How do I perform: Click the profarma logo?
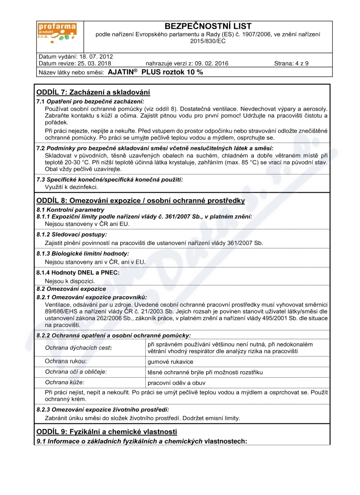[57, 33]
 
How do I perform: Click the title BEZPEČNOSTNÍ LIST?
[208, 26]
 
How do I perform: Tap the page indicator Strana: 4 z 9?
[291, 63]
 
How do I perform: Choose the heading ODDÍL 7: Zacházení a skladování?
[93, 92]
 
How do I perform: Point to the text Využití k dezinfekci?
[72, 187]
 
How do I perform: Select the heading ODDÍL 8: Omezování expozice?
[140, 200]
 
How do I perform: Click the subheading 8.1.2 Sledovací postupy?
[72, 234]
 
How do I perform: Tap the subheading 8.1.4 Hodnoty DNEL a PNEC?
[78, 272]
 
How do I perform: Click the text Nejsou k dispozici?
[70, 281]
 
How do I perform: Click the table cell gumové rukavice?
[164, 361]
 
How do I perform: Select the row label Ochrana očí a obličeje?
[76, 372]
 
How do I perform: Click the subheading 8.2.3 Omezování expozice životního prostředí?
[103, 409]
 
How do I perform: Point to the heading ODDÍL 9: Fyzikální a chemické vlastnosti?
[103, 432]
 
